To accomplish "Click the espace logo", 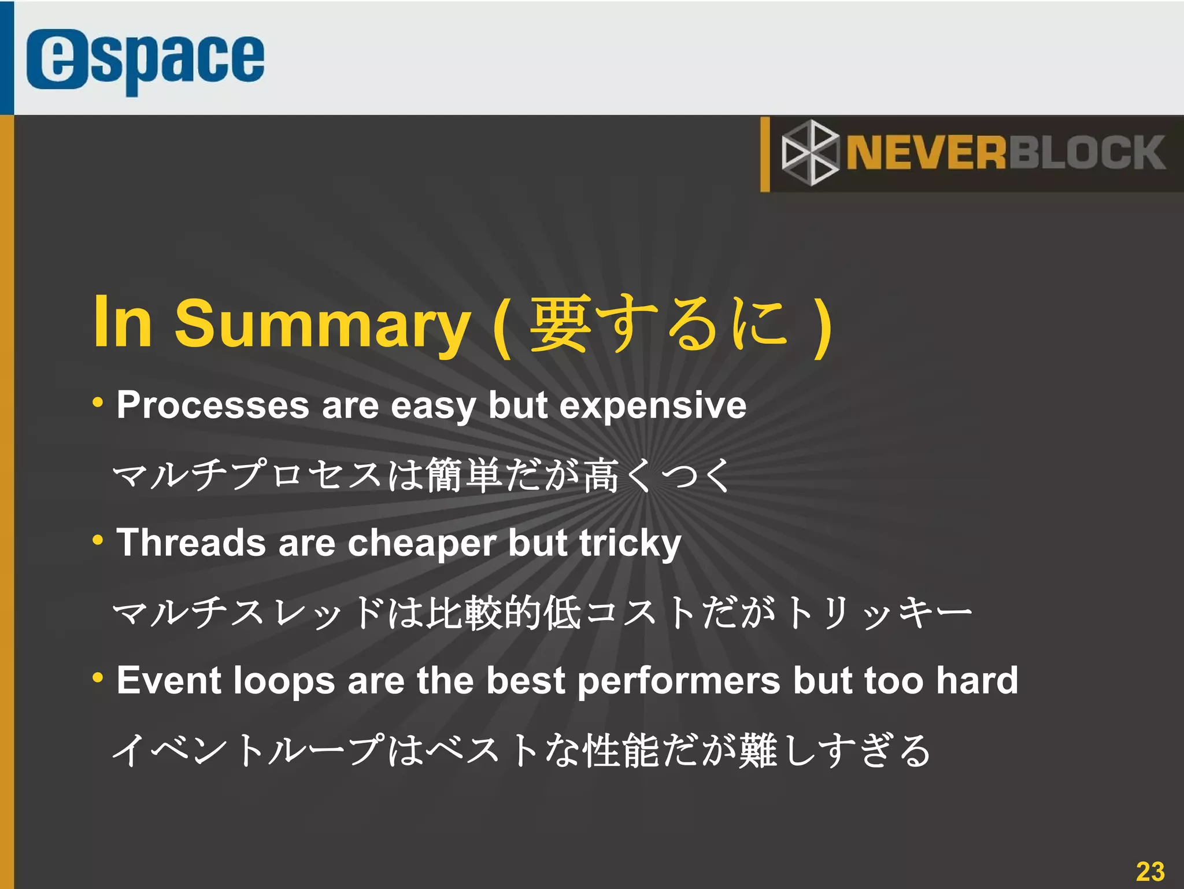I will coord(145,61).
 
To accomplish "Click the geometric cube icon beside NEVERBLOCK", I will coord(809,153).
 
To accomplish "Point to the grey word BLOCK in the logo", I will coord(1087,153).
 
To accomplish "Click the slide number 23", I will coord(1150,871).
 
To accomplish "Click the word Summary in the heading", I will coord(323,323).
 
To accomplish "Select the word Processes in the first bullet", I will coord(213,405).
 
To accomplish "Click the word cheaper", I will coord(421,544).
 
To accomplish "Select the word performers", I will coord(679,681).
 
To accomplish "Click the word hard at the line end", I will coord(977,680).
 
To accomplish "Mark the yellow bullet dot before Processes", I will coord(98,403).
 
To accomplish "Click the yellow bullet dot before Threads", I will coord(98,540).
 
